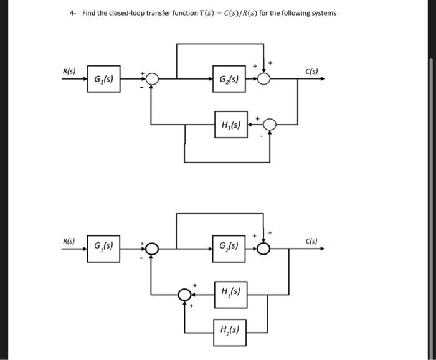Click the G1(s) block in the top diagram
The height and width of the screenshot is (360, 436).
[x=103, y=79]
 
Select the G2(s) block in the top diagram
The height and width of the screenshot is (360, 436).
[x=229, y=79]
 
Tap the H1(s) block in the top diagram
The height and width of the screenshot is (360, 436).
[x=230, y=125]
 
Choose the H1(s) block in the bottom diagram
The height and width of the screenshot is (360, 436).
[x=230, y=291]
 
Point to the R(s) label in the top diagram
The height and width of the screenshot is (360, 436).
[x=69, y=71]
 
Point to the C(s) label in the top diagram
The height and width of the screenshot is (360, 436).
[x=311, y=71]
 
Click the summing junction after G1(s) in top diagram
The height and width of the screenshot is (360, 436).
[x=151, y=79]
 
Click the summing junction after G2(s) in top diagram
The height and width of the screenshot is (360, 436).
[x=265, y=79]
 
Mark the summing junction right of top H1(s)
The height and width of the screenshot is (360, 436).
[x=269, y=125]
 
